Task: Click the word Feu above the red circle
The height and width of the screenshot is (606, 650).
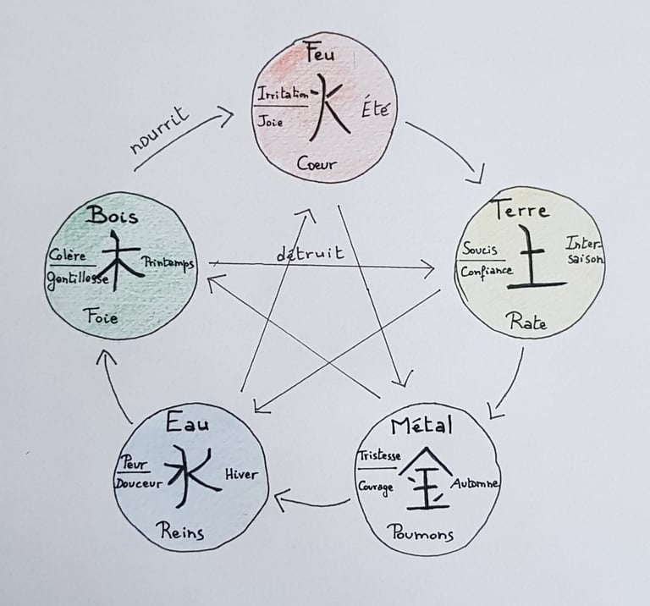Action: coord(323,55)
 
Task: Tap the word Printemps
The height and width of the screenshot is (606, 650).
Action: coord(168,262)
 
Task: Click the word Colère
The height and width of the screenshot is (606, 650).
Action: coord(67,255)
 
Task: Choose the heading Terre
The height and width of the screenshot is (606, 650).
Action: coord(521,210)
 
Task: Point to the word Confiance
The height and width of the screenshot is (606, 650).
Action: coord(487,272)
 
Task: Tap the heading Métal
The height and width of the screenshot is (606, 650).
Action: coord(423,425)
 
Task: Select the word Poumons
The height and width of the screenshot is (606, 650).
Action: coord(421,534)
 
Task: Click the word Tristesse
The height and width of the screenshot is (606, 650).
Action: coord(379,454)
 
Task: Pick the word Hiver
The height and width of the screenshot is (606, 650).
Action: coord(240,476)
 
